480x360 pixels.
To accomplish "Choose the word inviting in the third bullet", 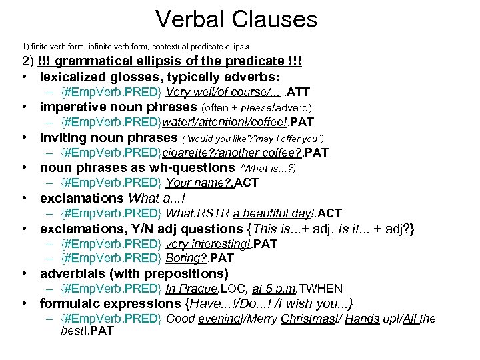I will pyautogui.click(x=62, y=138).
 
